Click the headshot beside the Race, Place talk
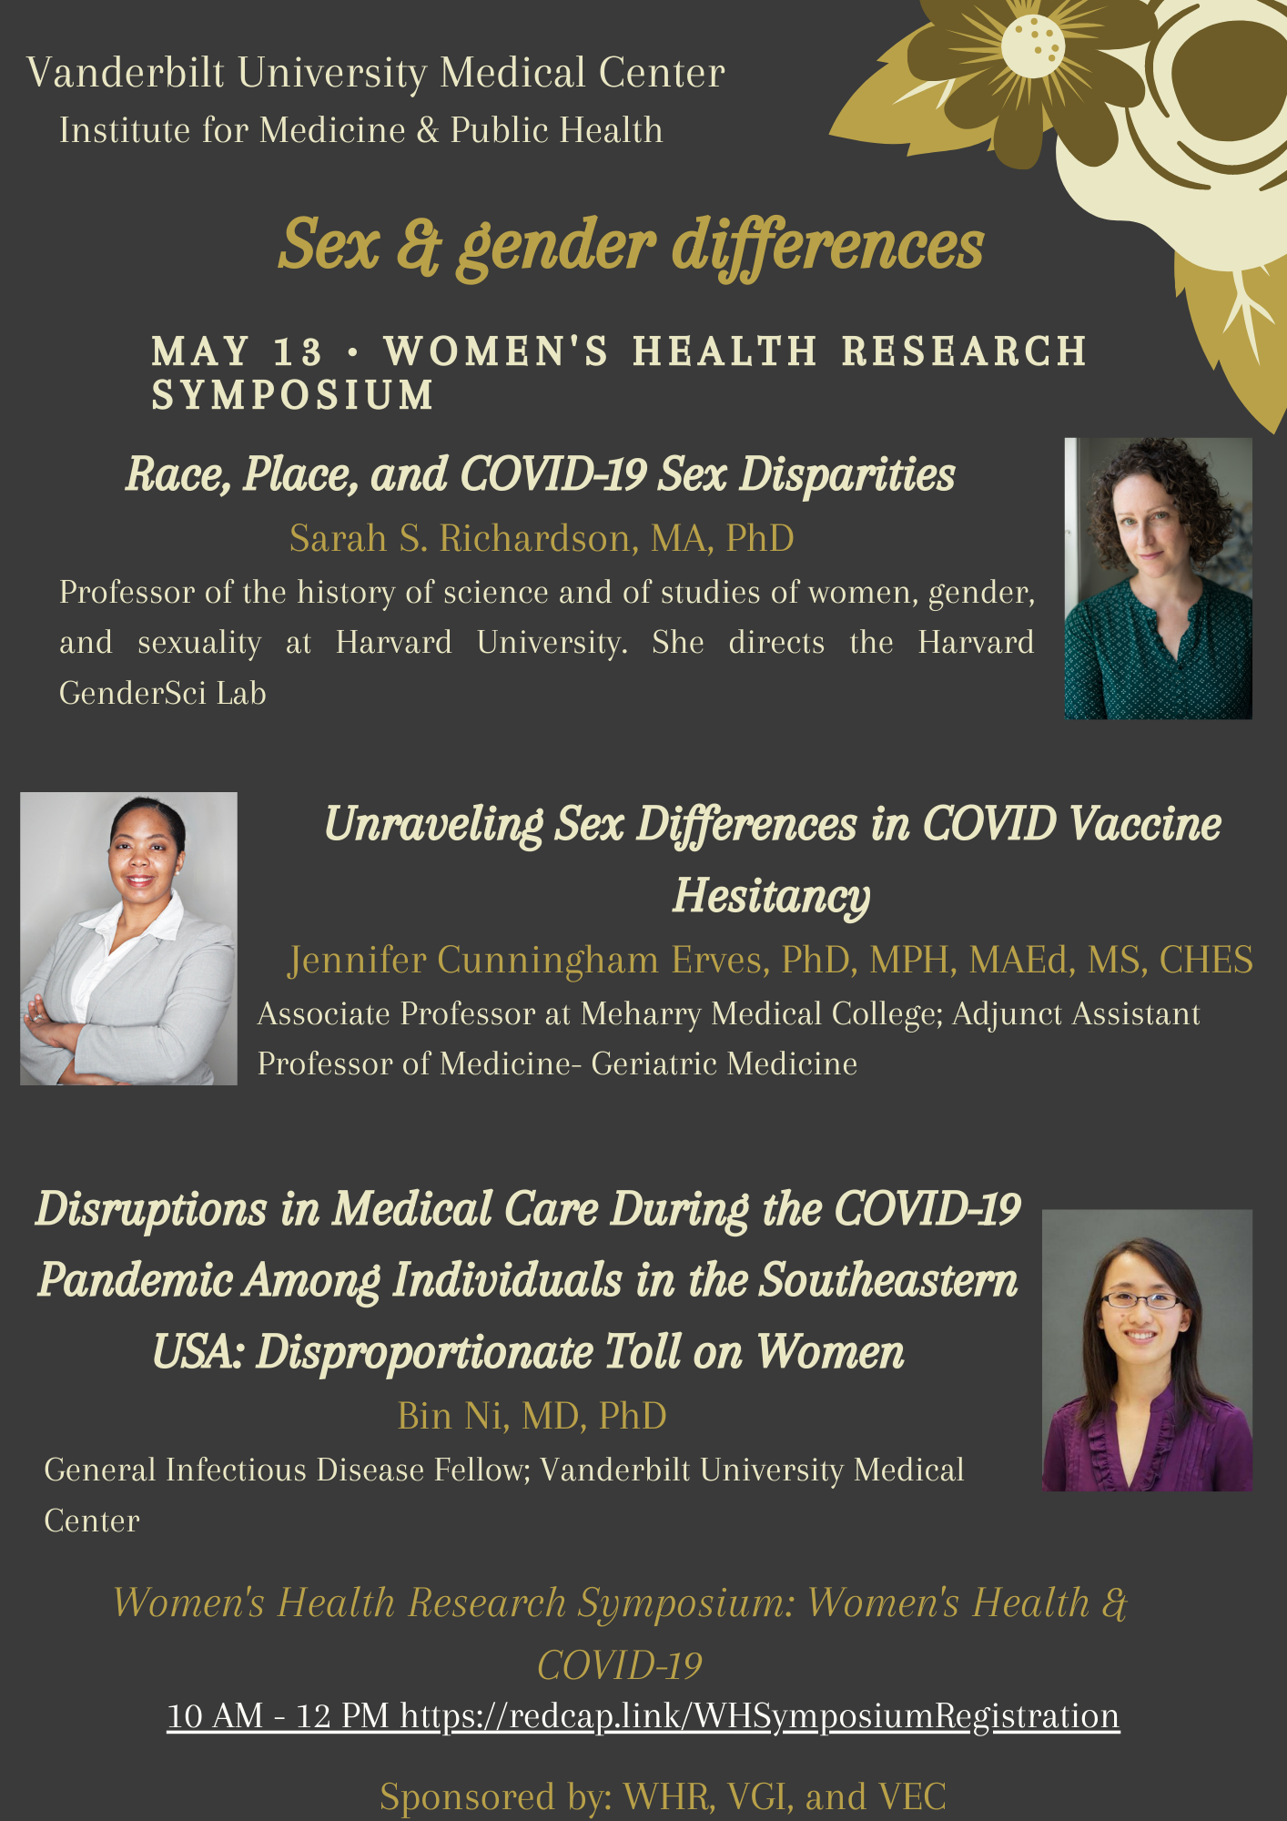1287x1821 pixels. pos(1159,578)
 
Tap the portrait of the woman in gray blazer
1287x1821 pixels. pos(128,938)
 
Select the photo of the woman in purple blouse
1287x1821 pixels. pos(1147,1350)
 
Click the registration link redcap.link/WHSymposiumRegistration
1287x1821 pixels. pos(760,1715)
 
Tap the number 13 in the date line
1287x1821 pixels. pos(298,351)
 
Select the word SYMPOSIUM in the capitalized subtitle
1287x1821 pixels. pos(293,395)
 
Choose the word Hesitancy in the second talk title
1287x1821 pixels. pos(772,895)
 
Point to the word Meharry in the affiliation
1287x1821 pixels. pos(641,1014)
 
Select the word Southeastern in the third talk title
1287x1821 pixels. pos(888,1280)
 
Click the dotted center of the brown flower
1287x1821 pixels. pos(1033,41)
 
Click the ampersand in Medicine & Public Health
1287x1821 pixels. pos(428,130)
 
